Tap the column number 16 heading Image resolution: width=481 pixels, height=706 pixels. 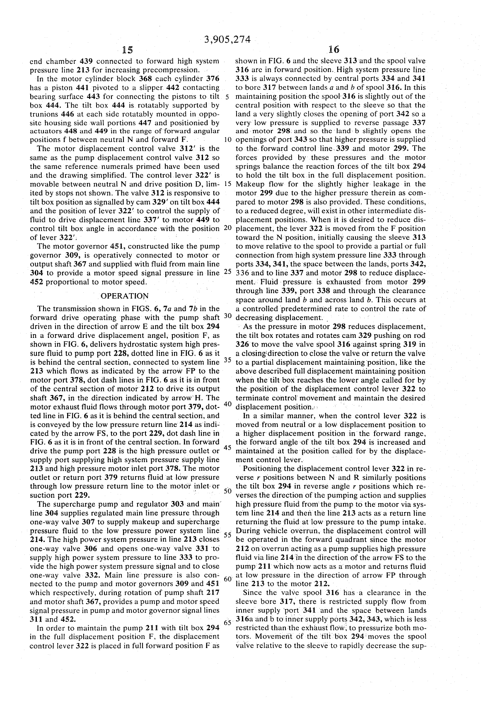coord(333,50)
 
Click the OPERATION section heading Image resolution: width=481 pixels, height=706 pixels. coord(124,296)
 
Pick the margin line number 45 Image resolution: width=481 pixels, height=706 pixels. coord(227,448)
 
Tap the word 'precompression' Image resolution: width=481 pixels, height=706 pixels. coord(167,70)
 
